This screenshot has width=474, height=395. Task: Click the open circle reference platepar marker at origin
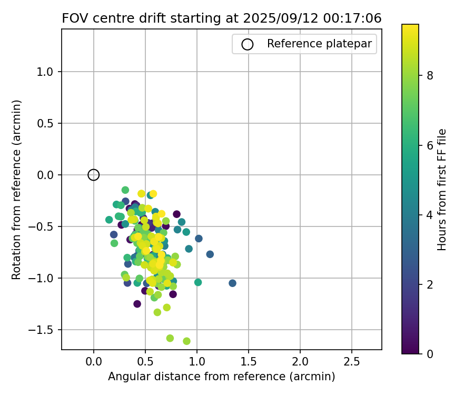tap(93, 175)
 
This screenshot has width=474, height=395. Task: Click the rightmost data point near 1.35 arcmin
tap(232, 283)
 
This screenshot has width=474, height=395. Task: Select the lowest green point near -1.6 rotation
tap(186, 341)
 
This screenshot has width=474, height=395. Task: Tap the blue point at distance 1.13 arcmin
tap(210, 254)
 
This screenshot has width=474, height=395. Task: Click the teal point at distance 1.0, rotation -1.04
tap(198, 282)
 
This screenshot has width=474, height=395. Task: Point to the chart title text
tap(222, 18)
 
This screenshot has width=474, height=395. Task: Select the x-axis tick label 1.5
tap(248, 362)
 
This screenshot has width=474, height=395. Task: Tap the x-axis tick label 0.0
tap(93, 362)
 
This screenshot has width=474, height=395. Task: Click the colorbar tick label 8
tap(429, 75)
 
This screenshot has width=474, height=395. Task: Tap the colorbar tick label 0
tap(429, 353)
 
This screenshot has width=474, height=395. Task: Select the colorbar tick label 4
tap(429, 214)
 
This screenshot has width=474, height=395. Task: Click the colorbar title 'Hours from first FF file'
tap(442, 190)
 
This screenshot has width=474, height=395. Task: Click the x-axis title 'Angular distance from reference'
tap(222, 377)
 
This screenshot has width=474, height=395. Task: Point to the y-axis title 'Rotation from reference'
tap(17, 190)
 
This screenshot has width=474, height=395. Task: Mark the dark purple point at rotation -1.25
tap(137, 304)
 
